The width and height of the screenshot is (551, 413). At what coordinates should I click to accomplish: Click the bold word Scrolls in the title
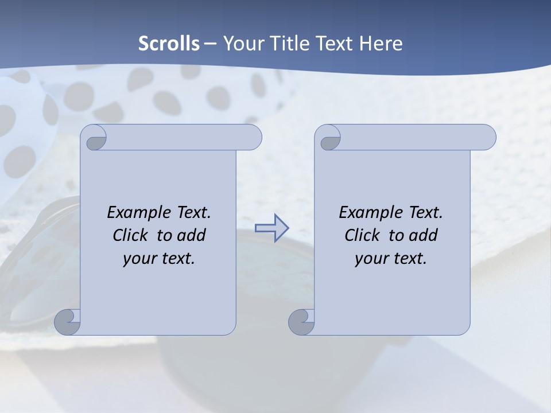pos(169,43)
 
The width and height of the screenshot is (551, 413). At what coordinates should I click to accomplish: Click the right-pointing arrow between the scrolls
pos(271,228)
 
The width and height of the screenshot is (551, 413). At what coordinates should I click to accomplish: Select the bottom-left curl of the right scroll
pos(302,322)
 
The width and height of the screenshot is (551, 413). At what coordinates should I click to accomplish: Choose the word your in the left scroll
pos(139,258)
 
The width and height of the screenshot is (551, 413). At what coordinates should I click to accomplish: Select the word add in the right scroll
pos(424,235)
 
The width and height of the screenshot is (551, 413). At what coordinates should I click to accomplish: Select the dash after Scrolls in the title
pos(210,43)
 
